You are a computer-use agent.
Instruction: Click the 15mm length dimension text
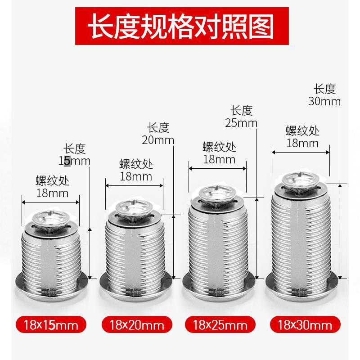point(74,161)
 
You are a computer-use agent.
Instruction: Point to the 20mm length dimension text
point(158,139)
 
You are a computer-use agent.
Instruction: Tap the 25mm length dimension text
point(242,122)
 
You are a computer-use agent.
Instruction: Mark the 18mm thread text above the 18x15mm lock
point(52,193)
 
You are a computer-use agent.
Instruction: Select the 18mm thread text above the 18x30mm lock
point(302,143)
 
